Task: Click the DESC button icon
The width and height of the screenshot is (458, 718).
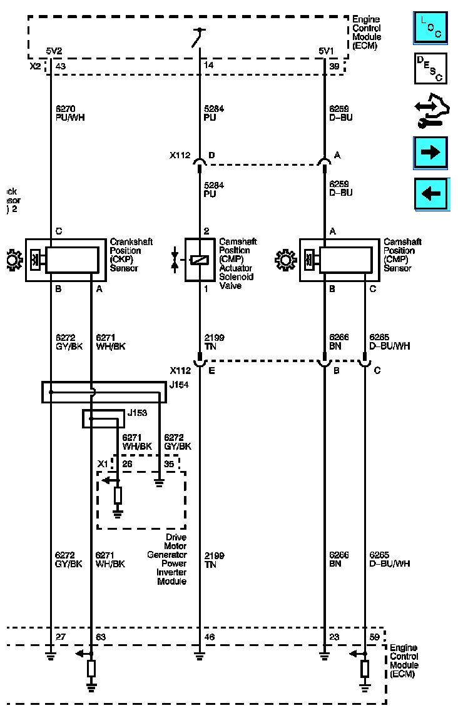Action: [x=431, y=68]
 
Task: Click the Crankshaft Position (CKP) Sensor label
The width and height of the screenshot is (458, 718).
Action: [x=131, y=255]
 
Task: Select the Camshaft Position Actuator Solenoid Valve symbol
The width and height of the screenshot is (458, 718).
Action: [x=200, y=260]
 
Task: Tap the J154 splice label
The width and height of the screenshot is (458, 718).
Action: [x=178, y=385]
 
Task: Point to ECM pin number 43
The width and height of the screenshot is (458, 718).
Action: [x=61, y=66]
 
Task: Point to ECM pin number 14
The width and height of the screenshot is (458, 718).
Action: [x=208, y=66]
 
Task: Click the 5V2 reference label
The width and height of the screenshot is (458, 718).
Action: [x=54, y=51]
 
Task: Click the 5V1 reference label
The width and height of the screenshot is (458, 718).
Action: [x=326, y=51]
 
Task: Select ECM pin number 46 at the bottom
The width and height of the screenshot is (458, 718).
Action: [x=210, y=637]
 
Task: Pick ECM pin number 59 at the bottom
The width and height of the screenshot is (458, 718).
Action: [x=375, y=637]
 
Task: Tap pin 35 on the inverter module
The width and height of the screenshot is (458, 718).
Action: [x=169, y=464]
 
